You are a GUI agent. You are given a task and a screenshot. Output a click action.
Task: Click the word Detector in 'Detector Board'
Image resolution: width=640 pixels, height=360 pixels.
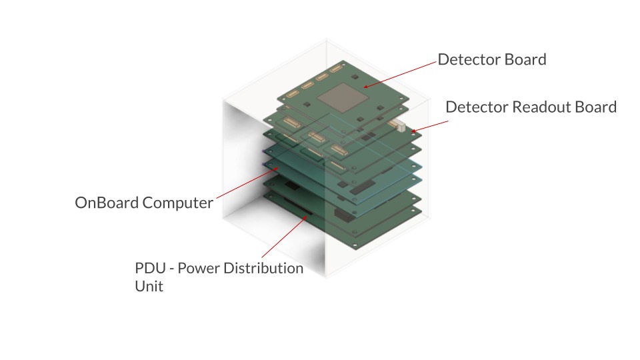point(469,59)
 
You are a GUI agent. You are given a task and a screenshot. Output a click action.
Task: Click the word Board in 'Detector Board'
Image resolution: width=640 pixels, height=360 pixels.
point(525,59)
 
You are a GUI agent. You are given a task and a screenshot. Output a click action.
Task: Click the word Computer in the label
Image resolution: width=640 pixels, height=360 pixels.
point(177,203)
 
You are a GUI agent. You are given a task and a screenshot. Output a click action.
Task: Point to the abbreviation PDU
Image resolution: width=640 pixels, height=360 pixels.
point(150,268)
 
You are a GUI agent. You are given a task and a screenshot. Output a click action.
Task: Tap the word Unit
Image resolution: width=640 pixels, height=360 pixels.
point(149,287)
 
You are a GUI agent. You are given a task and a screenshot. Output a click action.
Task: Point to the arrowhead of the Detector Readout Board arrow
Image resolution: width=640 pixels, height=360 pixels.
point(413,131)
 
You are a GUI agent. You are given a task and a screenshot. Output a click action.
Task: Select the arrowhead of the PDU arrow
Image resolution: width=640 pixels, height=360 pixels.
point(305,217)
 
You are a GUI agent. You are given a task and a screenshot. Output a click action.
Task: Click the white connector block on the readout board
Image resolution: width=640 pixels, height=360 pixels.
point(398,125)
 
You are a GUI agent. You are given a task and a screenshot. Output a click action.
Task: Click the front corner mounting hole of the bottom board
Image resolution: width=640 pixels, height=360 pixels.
point(355,245)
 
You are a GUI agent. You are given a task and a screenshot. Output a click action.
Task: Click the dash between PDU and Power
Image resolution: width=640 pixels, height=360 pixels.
point(172,269)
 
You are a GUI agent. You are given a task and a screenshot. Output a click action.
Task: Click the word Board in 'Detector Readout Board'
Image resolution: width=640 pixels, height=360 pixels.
point(595,107)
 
